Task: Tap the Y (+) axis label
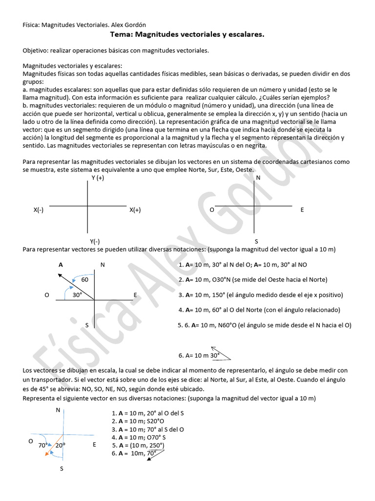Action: (98, 178)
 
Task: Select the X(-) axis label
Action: (39, 210)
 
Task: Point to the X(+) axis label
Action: (135, 210)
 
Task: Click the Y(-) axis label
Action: (95, 241)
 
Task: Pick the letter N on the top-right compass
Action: (258, 178)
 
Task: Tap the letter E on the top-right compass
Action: (302, 210)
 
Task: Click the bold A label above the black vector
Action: (61, 265)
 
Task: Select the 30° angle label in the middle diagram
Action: (77, 295)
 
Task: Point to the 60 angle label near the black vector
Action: (84, 280)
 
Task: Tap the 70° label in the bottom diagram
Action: (43, 446)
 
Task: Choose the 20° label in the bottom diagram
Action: (60, 446)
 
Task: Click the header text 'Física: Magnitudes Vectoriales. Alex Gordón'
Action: (84, 24)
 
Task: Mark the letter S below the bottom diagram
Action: (62, 469)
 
